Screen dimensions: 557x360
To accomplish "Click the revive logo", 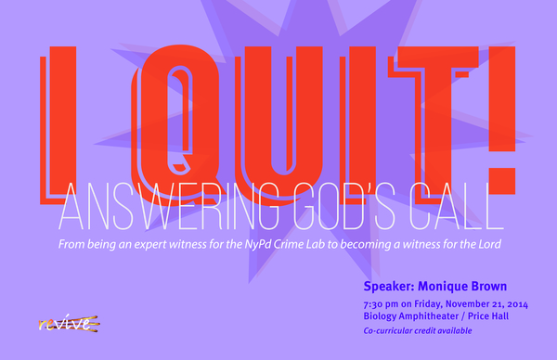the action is (69, 323).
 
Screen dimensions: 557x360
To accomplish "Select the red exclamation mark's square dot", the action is (501, 181).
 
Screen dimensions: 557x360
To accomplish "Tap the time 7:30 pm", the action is (381, 304).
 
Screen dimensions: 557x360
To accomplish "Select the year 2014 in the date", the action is (518, 304).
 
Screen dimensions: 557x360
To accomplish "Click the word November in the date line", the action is (464, 304).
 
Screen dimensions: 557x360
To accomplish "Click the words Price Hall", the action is (488, 316).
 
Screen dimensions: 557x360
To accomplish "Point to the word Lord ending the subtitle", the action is (489, 244).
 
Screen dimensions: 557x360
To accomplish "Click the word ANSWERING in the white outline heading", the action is (168, 207).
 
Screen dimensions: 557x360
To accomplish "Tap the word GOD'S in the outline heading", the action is (343, 207).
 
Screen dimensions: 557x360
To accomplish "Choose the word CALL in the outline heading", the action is (456, 207).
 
